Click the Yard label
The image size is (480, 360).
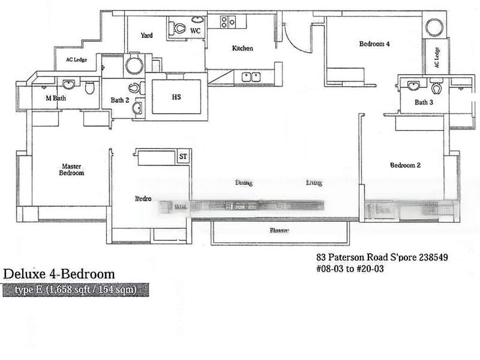click(146, 35)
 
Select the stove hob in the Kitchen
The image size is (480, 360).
click(228, 23)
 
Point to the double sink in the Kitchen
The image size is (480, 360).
click(251, 76)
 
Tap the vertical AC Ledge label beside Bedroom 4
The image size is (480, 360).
click(437, 58)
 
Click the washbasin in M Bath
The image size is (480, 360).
click(68, 84)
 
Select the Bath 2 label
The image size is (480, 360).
click(119, 100)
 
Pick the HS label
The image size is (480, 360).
click(176, 97)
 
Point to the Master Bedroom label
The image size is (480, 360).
click(71, 169)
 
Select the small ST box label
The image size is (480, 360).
click(184, 157)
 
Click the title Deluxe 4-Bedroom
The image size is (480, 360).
click(59, 274)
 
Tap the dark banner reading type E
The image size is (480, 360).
click(74, 290)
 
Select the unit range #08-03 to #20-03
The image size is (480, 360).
click(349, 269)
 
